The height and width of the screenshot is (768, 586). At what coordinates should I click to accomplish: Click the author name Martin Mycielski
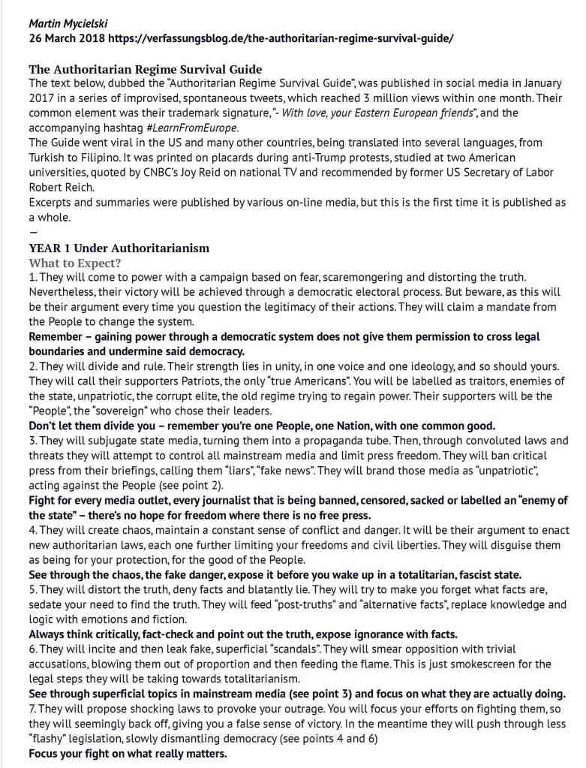[68, 23]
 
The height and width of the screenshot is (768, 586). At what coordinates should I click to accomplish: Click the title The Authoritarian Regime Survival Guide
[146, 70]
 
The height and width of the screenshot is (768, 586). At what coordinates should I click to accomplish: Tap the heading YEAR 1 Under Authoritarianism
[119, 248]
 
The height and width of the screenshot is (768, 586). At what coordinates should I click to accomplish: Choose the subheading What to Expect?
[76, 263]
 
